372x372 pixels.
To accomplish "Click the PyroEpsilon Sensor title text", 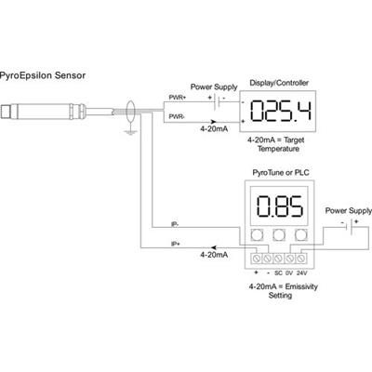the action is point(43,75).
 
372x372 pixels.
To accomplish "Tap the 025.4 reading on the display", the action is point(281,111).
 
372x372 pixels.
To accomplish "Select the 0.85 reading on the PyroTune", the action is point(279,206).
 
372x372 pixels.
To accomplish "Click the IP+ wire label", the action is point(176,244).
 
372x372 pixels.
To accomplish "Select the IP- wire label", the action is point(175,224).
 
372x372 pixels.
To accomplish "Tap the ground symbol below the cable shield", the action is point(130,132).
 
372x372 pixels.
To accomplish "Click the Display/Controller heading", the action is point(279,83).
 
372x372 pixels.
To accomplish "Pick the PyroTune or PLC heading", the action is point(281,173).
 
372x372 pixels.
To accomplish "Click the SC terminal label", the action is point(278,273).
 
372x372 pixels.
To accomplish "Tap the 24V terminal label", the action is point(301,273).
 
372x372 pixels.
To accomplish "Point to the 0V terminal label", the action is point(289,273).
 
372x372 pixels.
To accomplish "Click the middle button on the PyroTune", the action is point(279,235).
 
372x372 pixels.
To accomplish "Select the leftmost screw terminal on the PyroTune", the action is point(256,258).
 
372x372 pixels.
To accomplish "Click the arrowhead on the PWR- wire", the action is point(214,122).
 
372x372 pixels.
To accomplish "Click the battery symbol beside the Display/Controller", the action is point(217,102).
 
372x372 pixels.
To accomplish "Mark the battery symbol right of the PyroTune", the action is point(350,227).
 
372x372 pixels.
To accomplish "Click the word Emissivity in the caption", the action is point(301,286).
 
